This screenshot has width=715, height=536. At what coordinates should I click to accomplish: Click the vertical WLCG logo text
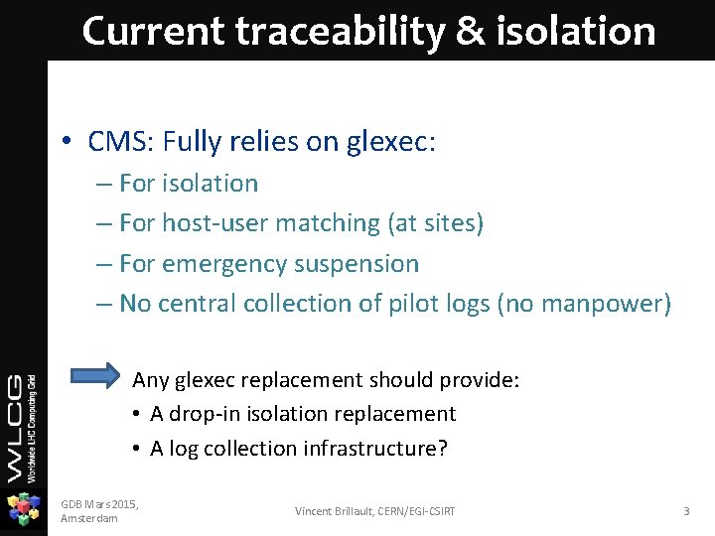coord(22,427)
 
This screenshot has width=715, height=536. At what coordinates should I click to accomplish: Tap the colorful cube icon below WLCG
coord(23,509)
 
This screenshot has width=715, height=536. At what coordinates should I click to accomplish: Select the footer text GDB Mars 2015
coord(99,504)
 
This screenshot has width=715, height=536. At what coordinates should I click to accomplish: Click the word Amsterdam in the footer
coord(88,518)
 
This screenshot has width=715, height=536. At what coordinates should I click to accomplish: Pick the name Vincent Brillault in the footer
coord(334,511)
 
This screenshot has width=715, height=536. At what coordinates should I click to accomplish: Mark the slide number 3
coord(685,511)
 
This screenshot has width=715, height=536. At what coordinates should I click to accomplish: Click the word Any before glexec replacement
coord(151,380)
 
